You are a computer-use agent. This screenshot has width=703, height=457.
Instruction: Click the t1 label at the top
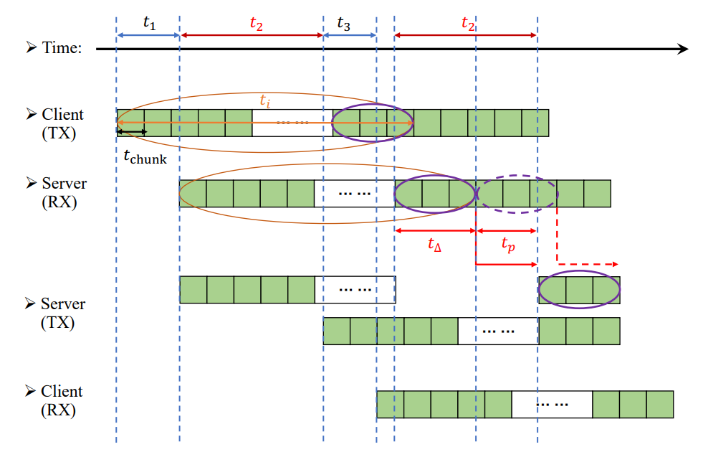click(148, 22)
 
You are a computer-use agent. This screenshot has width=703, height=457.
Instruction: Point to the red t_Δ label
click(434, 245)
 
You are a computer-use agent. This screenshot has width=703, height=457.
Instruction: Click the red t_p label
click(507, 245)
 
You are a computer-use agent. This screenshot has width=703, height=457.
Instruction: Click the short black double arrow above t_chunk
click(132, 132)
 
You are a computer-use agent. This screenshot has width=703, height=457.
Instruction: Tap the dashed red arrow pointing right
click(588, 264)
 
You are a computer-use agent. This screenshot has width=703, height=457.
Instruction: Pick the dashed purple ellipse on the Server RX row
click(517, 193)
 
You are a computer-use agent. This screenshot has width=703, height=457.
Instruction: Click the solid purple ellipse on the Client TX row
click(373, 122)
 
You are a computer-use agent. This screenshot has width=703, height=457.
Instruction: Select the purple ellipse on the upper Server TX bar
click(579, 290)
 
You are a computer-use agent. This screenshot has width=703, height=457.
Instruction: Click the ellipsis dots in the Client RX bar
click(552, 405)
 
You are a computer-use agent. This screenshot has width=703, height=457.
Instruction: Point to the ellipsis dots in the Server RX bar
click(354, 194)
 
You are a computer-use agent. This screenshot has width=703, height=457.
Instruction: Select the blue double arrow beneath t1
click(148, 34)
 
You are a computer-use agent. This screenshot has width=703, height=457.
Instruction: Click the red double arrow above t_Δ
click(434, 230)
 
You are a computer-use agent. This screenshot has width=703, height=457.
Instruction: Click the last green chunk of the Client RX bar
click(660, 405)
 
